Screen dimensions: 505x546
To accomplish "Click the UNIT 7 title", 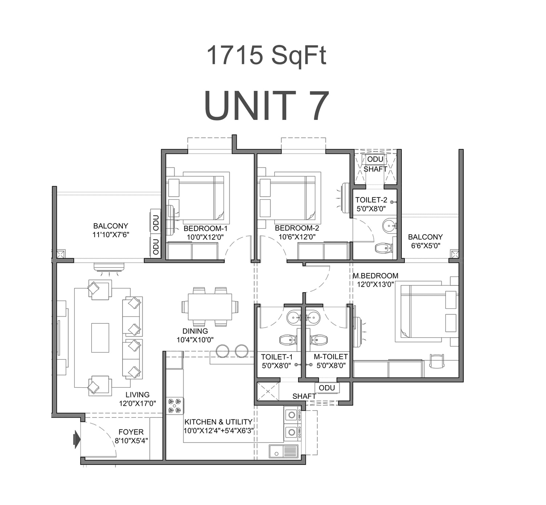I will [267, 106].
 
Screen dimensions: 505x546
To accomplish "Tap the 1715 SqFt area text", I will [267, 56].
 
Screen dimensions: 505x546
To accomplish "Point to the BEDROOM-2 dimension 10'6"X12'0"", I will [297, 237].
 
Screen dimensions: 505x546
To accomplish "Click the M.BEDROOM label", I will [375, 276].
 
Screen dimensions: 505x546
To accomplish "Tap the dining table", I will [210, 307].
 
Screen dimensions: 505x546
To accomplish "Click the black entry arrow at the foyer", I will [77, 439].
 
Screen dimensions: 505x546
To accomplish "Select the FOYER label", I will [131, 432].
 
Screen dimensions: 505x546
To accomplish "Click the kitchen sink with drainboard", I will [284, 451].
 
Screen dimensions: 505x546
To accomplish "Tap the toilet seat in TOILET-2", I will [383, 247].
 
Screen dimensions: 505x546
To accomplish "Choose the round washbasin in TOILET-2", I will [389, 225].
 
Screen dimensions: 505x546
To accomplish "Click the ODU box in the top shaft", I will [375, 160].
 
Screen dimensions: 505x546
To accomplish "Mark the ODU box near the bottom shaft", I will [327, 388].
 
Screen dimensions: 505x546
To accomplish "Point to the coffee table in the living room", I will [100, 337].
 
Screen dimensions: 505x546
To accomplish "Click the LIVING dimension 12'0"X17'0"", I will [137, 403].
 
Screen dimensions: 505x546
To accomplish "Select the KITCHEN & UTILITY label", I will [218, 422].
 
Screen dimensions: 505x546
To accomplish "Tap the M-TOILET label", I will [331, 357].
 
